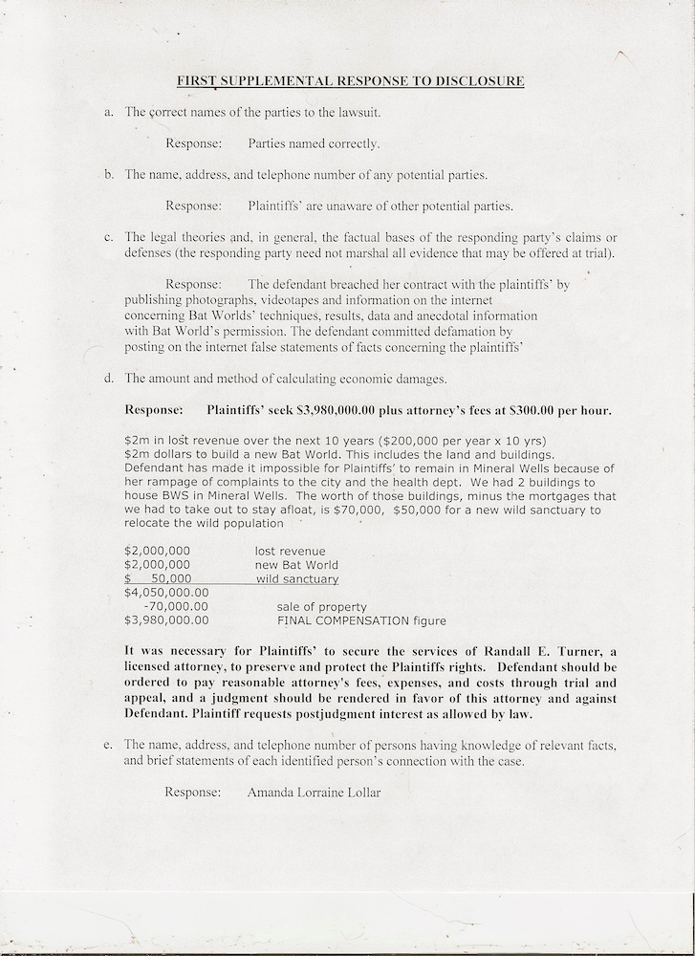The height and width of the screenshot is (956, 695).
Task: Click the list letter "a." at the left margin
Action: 109,113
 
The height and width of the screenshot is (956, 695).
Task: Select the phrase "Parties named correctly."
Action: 314,144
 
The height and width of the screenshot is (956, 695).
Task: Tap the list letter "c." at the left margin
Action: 109,237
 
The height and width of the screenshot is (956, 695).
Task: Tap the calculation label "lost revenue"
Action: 290,551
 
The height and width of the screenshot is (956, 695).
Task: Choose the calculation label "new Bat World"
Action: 295,565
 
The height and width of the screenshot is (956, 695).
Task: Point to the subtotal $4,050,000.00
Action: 166,593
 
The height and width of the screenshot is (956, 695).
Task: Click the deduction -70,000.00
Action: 174,606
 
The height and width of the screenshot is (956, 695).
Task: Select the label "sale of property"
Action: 321,606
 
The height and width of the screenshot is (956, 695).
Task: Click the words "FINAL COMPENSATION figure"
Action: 360,619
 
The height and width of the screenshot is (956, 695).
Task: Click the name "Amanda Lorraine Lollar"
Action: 314,792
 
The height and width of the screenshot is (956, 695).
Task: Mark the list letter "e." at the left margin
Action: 109,745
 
